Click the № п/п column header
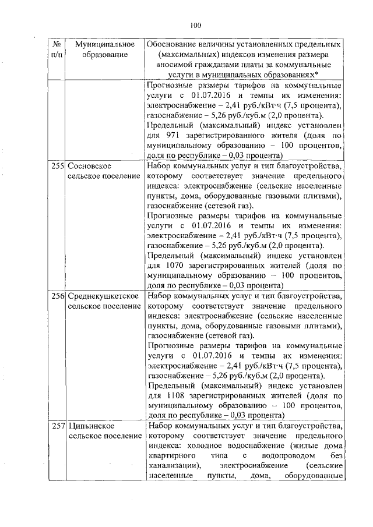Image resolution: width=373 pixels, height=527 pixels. coord(57,49)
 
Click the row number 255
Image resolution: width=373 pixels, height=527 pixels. coord(57,166)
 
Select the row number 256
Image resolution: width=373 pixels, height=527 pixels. coord(57,297)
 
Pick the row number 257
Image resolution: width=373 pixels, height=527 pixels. coord(57,427)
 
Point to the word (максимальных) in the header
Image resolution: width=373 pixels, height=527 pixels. coord(184,55)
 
